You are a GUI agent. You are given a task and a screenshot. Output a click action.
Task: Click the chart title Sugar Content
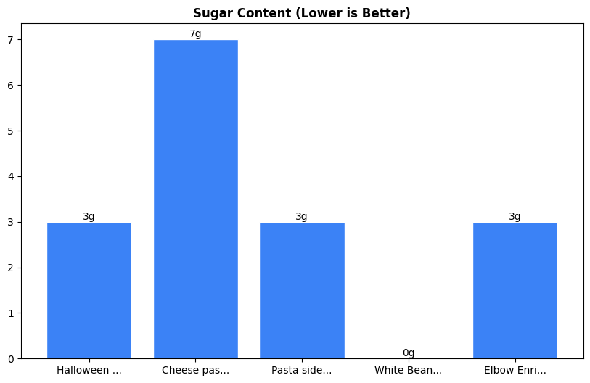pyautogui.click(x=301, y=13)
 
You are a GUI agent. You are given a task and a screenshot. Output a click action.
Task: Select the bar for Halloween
pyautogui.click(x=89, y=290)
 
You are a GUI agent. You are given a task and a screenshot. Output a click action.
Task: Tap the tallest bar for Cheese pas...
pyautogui.click(x=195, y=199)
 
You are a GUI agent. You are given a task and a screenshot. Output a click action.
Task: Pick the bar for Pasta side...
pyautogui.click(x=302, y=290)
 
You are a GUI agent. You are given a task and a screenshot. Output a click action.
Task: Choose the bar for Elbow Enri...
pyautogui.click(x=515, y=290)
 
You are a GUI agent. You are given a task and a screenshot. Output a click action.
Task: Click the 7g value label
pyautogui.click(x=195, y=33)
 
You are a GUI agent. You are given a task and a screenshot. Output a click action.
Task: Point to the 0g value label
pyautogui.click(x=409, y=353)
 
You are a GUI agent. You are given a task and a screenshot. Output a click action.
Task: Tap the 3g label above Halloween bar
pyautogui.click(x=89, y=216)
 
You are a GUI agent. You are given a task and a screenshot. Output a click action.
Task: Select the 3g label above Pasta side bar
pyautogui.click(x=302, y=216)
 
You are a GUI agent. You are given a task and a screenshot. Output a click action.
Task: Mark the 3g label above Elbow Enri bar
pyautogui.click(x=515, y=216)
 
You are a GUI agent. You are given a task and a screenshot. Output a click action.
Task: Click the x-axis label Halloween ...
pyautogui.click(x=89, y=370)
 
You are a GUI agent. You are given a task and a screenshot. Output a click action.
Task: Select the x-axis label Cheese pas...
pyautogui.click(x=195, y=370)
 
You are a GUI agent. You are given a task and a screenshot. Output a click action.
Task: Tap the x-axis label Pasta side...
pyautogui.click(x=302, y=370)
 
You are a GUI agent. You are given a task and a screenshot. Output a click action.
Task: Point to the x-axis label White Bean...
pyautogui.click(x=409, y=370)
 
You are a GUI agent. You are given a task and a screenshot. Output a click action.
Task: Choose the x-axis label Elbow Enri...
pyautogui.click(x=515, y=370)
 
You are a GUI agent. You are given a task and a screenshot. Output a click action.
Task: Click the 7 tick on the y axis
pyautogui.click(x=12, y=40)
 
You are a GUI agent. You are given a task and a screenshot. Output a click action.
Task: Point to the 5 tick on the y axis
pyautogui.click(x=12, y=131)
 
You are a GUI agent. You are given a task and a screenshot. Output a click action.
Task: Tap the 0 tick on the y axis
pyautogui.click(x=12, y=359)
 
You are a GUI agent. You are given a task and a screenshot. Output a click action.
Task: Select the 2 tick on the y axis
pyautogui.click(x=12, y=268)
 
